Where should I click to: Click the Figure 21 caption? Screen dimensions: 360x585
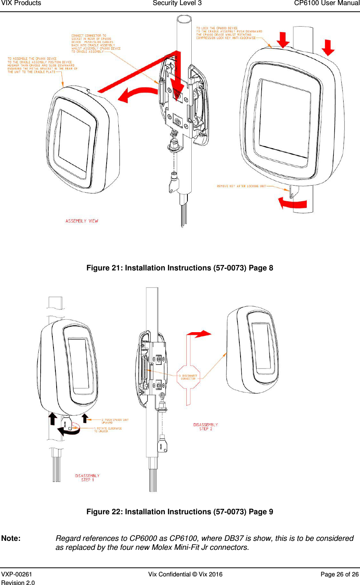point(180,268)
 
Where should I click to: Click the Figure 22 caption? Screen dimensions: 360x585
point(180,512)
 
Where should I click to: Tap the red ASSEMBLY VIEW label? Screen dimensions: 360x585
point(82,221)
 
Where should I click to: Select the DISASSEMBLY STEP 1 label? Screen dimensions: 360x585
point(87,478)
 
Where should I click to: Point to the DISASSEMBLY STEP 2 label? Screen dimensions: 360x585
point(206,427)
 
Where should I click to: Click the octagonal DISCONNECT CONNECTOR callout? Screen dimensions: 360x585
point(188,377)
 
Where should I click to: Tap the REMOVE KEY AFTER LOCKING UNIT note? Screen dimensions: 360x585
point(241,186)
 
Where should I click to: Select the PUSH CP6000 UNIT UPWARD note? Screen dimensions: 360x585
point(115,421)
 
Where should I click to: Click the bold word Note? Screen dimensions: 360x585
point(11,538)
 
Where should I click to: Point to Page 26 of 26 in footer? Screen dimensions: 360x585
point(339,574)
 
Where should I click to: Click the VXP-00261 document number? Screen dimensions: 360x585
point(17,574)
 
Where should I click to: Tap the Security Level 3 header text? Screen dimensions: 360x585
point(177,4)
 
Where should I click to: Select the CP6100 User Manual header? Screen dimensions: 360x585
point(326,4)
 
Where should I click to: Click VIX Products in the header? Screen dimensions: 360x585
point(21,4)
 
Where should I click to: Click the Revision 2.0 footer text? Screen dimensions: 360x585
point(18,583)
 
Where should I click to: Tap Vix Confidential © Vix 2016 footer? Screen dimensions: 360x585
point(185,574)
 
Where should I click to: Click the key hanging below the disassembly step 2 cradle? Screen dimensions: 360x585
point(162,445)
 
